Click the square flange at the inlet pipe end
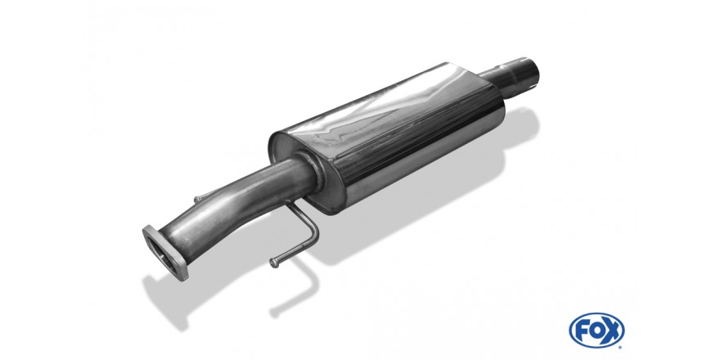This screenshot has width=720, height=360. (165, 253)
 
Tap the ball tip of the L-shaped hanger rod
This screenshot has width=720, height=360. (274, 263)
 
